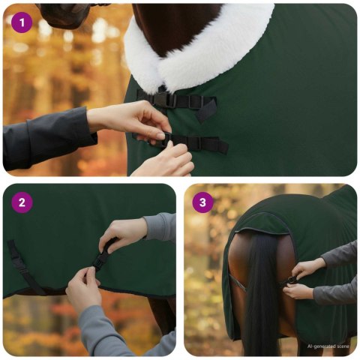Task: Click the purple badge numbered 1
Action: pos(22,22)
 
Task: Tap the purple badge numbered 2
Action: pos(22,202)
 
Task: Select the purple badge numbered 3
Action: pos(202,202)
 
